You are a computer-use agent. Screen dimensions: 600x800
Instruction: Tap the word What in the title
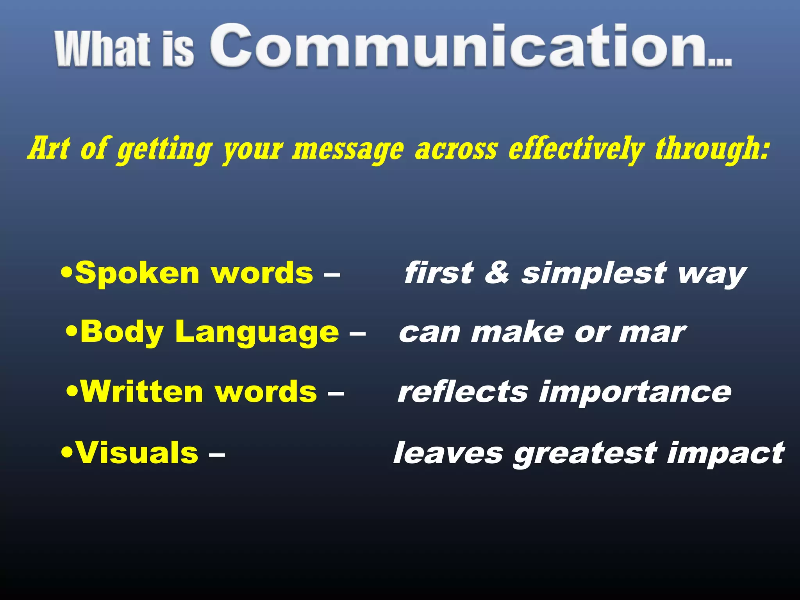(x=102, y=50)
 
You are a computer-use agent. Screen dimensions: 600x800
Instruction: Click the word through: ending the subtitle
(x=712, y=149)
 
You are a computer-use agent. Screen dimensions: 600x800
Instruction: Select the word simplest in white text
(x=594, y=273)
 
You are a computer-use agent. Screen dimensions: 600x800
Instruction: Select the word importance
(x=635, y=393)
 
